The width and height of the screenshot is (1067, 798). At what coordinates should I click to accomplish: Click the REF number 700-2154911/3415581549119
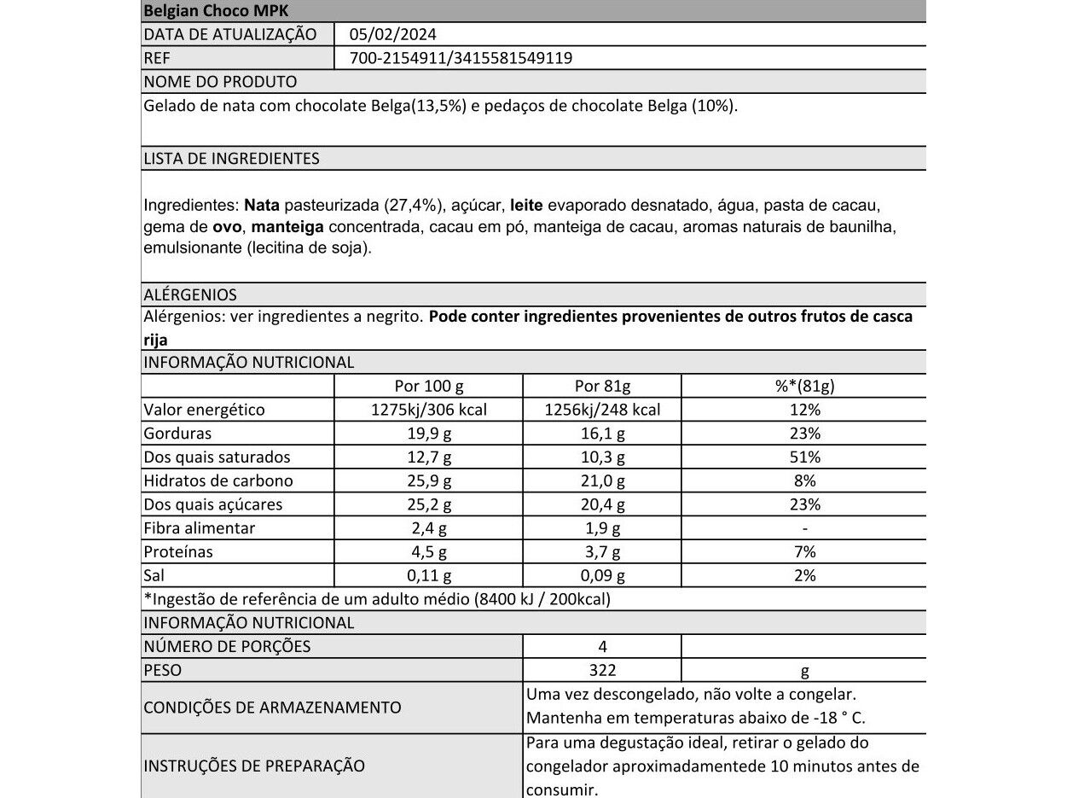pyautogui.click(x=461, y=58)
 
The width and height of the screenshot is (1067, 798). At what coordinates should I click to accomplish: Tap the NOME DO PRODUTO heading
pyautogui.click(x=220, y=82)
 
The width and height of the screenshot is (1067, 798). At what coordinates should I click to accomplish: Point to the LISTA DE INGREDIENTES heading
pyautogui.click(x=231, y=159)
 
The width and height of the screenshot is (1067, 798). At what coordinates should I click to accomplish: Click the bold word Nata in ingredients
pyautogui.click(x=261, y=207)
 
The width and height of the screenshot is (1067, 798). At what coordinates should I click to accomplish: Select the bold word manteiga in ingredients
pyautogui.click(x=287, y=228)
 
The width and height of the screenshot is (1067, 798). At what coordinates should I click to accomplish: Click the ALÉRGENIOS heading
pyautogui.click(x=190, y=294)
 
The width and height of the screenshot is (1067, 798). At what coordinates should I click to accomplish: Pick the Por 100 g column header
pyautogui.click(x=429, y=386)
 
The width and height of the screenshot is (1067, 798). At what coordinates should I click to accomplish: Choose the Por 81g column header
pyautogui.click(x=602, y=386)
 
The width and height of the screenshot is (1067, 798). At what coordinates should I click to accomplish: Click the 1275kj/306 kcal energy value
pyautogui.click(x=429, y=410)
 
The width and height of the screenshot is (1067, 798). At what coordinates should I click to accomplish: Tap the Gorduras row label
pyautogui.click(x=177, y=434)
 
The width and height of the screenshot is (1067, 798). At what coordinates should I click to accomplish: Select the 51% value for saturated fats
pyautogui.click(x=805, y=457)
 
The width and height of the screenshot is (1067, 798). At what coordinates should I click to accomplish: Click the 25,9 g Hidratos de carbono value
pyautogui.click(x=429, y=481)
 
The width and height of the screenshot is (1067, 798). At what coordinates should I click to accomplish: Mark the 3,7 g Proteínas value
pyautogui.click(x=602, y=552)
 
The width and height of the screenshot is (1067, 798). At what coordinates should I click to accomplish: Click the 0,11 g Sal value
pyautogui.click(x=429, y=576)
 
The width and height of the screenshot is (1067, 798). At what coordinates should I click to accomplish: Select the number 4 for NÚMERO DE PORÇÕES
pyautogui.click(x=603, y=647)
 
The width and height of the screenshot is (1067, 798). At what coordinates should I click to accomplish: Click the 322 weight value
pyautogui.click(x=602, y=671)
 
